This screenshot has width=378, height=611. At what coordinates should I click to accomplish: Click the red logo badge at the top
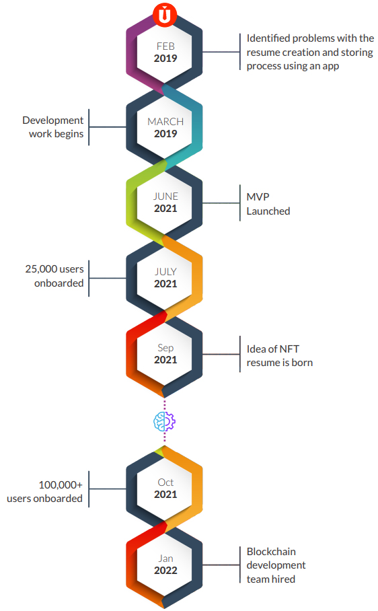click(165, 15)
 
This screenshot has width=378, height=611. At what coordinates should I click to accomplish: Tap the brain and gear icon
click(164, 421)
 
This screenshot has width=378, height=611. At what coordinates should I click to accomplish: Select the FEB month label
click(165, 46)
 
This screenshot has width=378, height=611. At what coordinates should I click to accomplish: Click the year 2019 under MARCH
click(165, 134)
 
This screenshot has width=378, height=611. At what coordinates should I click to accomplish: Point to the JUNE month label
click(165, 196)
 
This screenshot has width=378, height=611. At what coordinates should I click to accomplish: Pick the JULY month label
click(165, 272)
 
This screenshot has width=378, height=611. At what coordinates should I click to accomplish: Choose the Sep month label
click(165, 348)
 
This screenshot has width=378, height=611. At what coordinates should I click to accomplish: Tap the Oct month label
click(165, 482)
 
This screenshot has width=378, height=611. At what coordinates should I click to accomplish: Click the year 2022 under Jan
click(165, 571)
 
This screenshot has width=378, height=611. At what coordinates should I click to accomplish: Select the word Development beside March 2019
click(53, 120)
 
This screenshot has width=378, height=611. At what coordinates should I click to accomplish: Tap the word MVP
click(258, 196)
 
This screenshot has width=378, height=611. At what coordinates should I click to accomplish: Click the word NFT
click(289, 349)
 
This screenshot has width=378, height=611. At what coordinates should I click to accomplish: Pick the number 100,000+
click(61, 484)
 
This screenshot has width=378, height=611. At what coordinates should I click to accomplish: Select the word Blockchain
click(271, 552)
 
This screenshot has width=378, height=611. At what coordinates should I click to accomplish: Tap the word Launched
click(268, 211)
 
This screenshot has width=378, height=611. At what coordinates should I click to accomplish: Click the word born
click(302, 363)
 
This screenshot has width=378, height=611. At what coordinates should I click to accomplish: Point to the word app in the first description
click(330, 66)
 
